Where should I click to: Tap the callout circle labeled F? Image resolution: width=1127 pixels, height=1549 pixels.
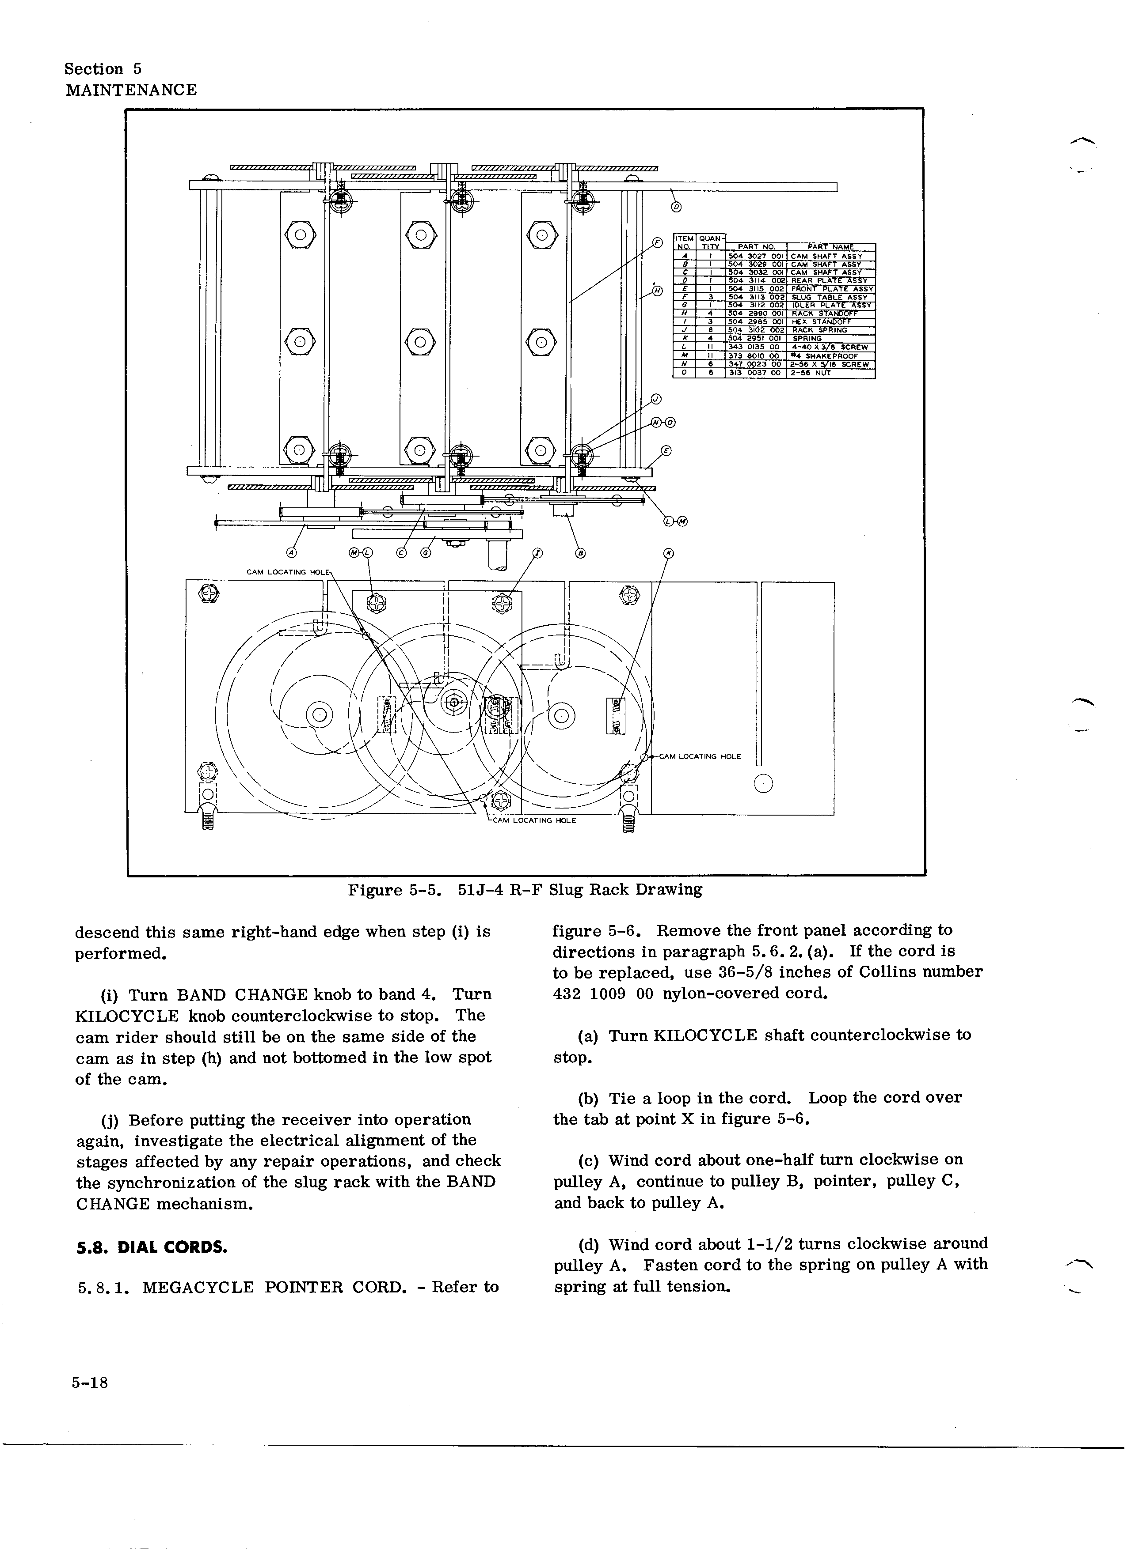click(658, 242)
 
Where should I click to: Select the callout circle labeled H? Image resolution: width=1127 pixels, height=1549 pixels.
click(658, 291)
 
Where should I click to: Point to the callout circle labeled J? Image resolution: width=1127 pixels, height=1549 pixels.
click(656, 400)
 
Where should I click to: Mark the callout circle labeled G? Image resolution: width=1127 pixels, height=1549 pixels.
click(426, 553)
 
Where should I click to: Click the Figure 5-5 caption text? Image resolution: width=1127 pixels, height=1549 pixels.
click(525, 890)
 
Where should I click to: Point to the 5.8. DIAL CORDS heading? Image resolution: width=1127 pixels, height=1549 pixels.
click(151, 1247)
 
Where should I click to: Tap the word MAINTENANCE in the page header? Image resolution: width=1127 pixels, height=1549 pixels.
click(131, 90)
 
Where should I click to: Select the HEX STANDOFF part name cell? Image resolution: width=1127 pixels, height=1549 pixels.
click(821, 322)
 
